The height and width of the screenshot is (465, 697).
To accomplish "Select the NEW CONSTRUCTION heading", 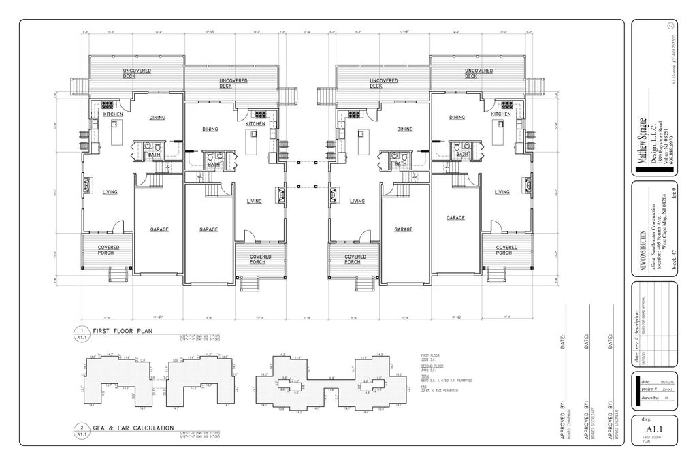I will click(642, 252).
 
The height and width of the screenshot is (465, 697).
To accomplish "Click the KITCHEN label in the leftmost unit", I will click(113, 114).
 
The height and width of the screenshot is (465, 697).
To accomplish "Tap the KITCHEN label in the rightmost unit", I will click(500, 114).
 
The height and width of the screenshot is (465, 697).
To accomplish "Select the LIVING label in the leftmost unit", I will click(110, 192).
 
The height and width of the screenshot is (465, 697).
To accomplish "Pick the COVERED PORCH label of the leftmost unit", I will click(109, 250).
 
